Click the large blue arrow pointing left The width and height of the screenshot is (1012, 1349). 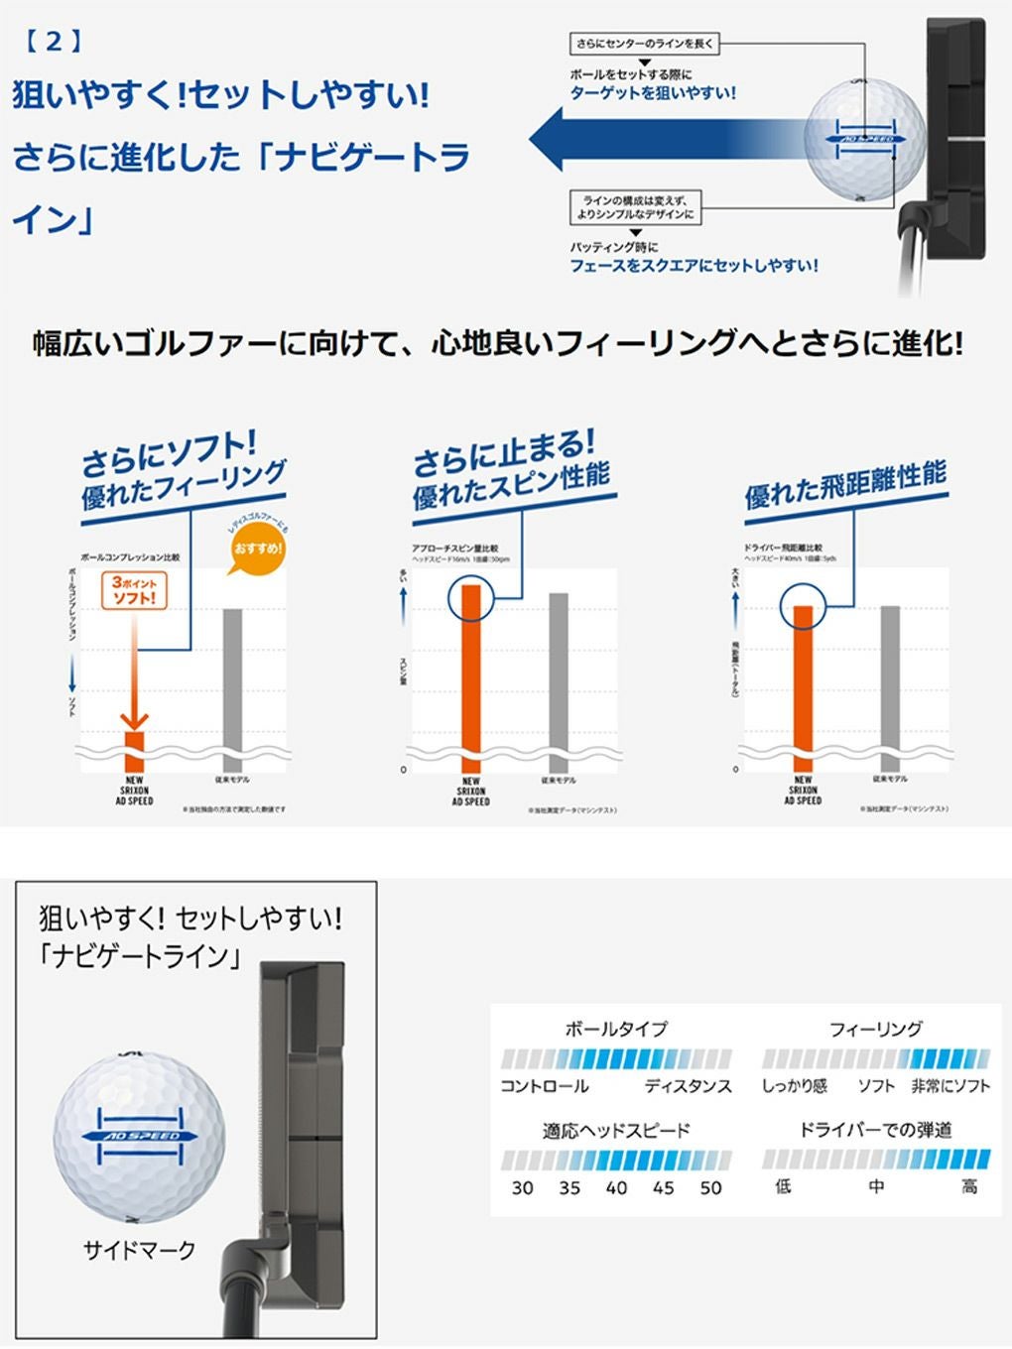click(655, 139)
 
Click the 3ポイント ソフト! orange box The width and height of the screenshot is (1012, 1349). click(134, 591)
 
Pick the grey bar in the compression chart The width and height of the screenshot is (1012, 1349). click(232, 684)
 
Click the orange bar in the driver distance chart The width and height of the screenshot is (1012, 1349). click(803, 684)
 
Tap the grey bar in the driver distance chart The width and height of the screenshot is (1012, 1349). click(890, 684)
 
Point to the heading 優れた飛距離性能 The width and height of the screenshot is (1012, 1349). click(845, 486)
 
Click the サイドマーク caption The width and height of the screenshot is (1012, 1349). click(139, 1250)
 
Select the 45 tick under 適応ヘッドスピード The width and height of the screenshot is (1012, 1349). click(663, 1187)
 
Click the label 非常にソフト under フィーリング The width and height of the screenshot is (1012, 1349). click(949, 1086)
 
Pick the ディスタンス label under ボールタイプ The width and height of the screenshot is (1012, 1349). click(688, 1086)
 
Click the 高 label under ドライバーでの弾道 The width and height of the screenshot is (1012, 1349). click(968, 1187)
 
